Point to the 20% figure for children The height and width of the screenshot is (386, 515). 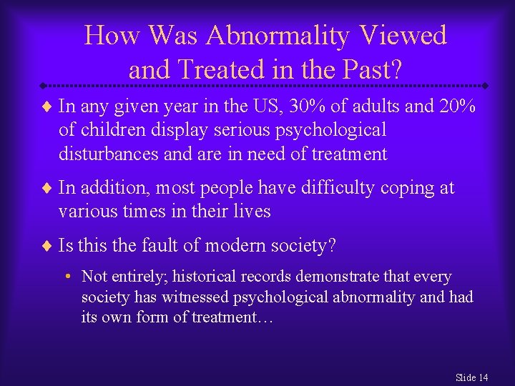click(x=457, y=107)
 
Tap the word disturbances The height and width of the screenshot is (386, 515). click(x=116, y=154)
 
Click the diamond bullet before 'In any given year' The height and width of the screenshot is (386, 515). click(x=48, y=107)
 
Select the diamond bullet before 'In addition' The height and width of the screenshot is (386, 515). click(x=48, y=189)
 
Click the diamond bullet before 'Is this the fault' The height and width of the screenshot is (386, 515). click(x=48, y=247)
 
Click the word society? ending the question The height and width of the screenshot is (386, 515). click(x=305, y=246)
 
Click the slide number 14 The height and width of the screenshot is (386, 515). click(x=482, y=377)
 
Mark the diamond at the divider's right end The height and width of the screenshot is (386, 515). click(x=484, y=85)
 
